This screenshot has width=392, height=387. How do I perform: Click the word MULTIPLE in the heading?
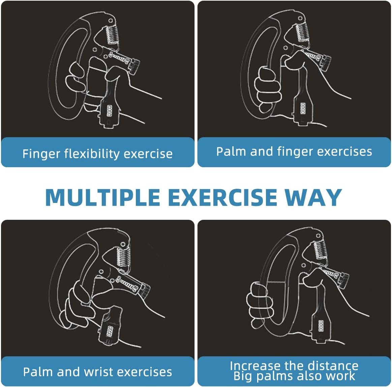[102, 197]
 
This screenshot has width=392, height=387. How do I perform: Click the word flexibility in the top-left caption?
[92, 154]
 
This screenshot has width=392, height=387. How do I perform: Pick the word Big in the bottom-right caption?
[242, 376]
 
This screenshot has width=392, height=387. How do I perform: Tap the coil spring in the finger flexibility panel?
[112, 34]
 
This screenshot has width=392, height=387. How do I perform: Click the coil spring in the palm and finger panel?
[302, 32]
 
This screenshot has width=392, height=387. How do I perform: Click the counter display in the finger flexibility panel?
[110, 111]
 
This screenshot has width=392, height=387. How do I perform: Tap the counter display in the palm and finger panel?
[303, 108]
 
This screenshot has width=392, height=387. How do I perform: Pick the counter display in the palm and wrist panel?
[109, 331]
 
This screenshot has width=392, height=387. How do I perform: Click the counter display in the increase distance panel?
[321, 326]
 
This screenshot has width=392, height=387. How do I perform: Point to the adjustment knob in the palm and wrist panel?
[145, 290]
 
